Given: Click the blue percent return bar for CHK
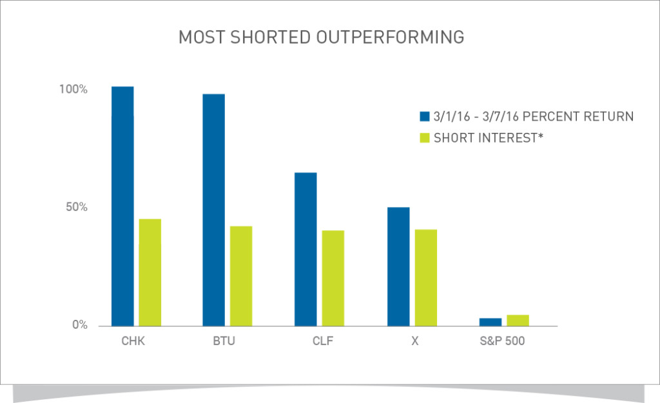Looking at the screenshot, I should pyautogui.click(x=122, y=206).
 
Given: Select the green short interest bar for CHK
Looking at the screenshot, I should pyautogui.click(x=150, y=272).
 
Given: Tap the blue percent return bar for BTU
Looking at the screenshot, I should pyautogui.click(x=214, y=210).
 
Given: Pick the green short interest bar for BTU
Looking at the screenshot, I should pyautogui.click(x=241, y=276).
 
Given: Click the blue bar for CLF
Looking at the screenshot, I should pyautogui.click(x=306, y=249).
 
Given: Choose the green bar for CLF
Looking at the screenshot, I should pyautogui.click(x=333, y=278).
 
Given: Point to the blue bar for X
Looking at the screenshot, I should pyautogui.click(x=398, y=266).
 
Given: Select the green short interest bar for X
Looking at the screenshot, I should pyautogui.click(x=426, y=277).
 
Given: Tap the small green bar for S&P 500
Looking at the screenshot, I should pyautogui.click(x=518, y=320).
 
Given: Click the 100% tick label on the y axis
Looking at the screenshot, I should pyautogui.click(x=73, y=90).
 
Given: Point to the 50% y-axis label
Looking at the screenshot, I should pyautogui.click(x=75, y=208).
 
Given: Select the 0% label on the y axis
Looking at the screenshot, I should pyautogui.click(x=79, y=326).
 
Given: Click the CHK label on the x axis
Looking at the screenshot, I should pyautogui.click(x=133, y=341).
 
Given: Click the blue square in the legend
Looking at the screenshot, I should pyautogui.click(x=424, y=117).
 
